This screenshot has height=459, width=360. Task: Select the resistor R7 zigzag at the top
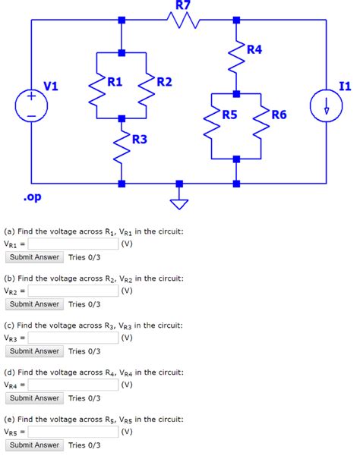tap(182, 20)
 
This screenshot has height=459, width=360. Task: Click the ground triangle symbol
tap(179, 202)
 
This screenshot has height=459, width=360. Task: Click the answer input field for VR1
tap(73, 244)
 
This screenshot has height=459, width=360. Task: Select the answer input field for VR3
tap(73, 338)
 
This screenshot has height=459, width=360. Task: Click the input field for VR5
tap(73, 432)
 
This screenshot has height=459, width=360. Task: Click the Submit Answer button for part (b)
tap(34, 304)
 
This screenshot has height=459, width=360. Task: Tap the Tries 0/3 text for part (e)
tap(84, 445)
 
